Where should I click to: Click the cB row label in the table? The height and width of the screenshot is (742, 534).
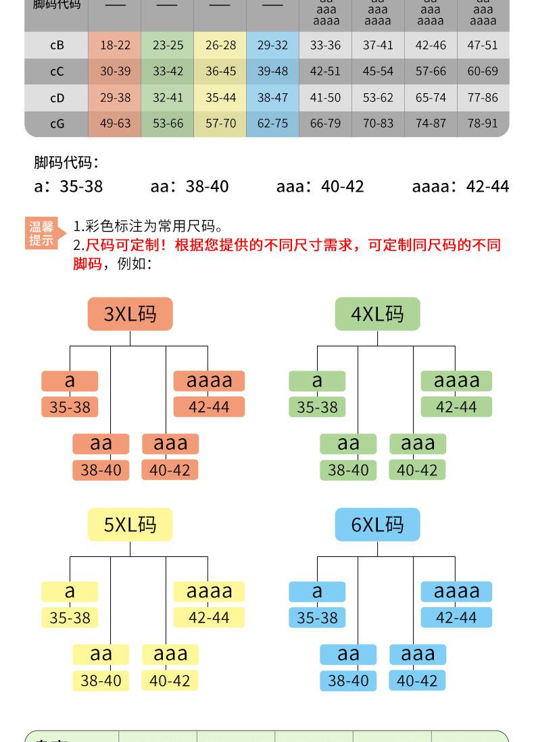[57, 45]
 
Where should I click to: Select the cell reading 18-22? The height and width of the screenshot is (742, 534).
[115, 45]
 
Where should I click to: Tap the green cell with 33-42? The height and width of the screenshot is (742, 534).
[168, 71]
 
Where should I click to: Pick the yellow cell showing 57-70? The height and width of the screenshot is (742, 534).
[220, 124]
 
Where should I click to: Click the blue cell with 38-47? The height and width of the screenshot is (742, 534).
[272, 97]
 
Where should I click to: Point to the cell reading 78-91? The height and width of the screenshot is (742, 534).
[483, 124]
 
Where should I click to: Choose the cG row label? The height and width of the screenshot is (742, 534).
[57, 124]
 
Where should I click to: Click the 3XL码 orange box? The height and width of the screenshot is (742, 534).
[130, 314]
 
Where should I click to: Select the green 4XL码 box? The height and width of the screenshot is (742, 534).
[377, 314]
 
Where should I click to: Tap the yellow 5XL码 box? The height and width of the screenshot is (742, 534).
[130, 525]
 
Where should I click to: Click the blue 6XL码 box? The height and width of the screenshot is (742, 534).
[377, 525]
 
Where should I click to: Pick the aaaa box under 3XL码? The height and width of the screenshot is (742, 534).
[209, 381]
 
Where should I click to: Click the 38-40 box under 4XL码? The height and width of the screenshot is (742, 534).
[348, 470]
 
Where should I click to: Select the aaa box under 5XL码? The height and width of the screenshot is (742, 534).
[170, 654]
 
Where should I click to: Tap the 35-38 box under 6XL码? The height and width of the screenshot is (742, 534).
[317, 618]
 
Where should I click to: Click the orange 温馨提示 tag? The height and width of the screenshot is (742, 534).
[42, 234]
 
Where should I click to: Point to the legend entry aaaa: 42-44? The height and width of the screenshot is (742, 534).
[460, 186]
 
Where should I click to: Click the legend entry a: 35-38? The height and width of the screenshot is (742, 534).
[68, 186]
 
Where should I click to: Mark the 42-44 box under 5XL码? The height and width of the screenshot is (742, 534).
[209, 618]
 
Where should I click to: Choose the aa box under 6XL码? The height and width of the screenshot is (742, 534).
[348, 654]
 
